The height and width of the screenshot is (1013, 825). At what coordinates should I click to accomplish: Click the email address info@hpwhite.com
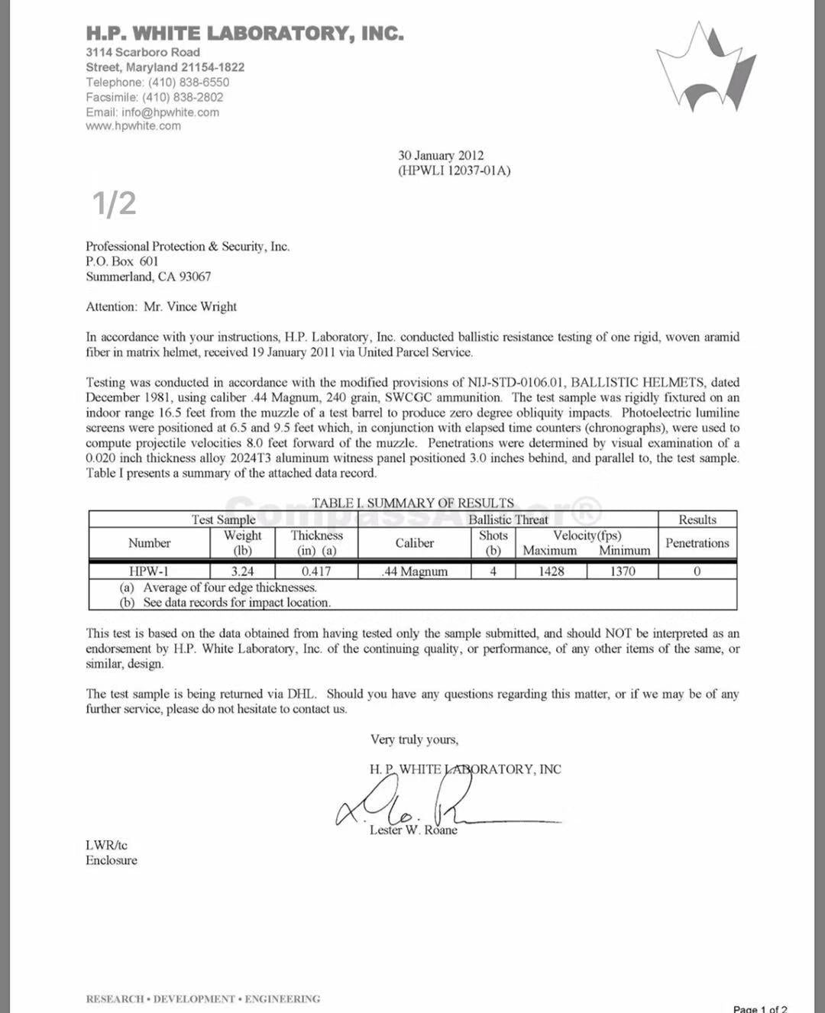[170, 112]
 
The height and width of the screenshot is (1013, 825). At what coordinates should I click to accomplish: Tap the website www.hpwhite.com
[133, 126]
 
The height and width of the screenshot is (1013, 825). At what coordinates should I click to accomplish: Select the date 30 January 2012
[441, 156]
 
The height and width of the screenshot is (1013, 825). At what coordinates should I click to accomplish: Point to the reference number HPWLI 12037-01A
[454, 170]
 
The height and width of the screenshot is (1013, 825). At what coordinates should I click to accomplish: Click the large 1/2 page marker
[115, 203]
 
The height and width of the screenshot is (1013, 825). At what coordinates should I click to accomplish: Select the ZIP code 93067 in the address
[195, 277]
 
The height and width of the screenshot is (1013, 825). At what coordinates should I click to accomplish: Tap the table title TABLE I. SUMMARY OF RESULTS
[412, 503]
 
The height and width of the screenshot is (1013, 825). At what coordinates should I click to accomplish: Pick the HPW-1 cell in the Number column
[149, 571]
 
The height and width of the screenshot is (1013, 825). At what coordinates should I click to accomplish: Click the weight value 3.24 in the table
[242, 571]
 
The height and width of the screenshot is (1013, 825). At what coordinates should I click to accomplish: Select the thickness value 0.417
[316, 571]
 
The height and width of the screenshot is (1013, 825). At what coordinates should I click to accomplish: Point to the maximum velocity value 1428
[551, 571]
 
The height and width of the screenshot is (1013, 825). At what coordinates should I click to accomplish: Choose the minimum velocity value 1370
[622, 571]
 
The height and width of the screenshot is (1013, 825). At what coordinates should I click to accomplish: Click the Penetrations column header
[697, 543]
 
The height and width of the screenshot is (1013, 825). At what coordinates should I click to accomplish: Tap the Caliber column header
[414, 543]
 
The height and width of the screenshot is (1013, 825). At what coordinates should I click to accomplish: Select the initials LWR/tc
[106, 845]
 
